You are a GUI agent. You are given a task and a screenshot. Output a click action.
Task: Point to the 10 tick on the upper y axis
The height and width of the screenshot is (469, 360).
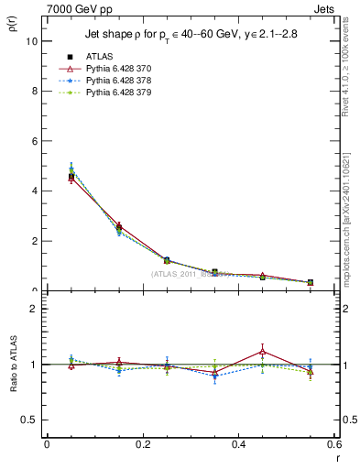[31, 41]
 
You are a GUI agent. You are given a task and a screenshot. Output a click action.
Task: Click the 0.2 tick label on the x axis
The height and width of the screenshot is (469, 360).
[142, 444]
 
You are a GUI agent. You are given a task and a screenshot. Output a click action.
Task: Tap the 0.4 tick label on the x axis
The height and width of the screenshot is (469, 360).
[238, 444]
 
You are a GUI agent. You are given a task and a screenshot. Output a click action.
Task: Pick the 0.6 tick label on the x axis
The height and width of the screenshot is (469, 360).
[333, 444]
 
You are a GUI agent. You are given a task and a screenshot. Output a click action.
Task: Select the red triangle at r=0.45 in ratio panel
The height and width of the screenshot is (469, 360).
[262, 351]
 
